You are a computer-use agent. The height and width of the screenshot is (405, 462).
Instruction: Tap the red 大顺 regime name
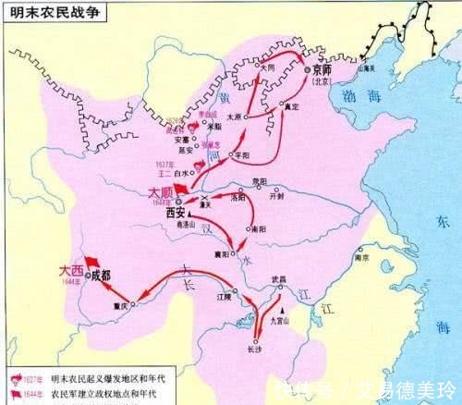click(161, 192)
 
